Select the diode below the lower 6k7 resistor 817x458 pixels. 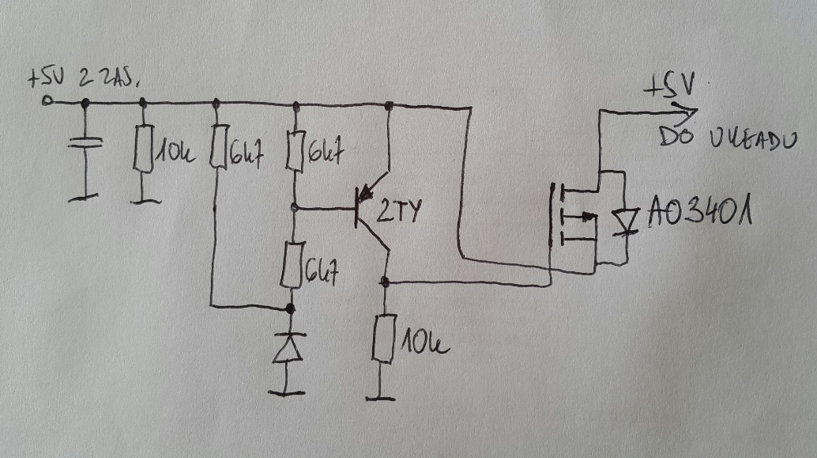tap(288, 348)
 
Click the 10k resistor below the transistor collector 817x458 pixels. tap(385, 338)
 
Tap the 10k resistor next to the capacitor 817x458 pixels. tap(142, 148)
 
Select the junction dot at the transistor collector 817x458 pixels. tap(385, 282)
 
